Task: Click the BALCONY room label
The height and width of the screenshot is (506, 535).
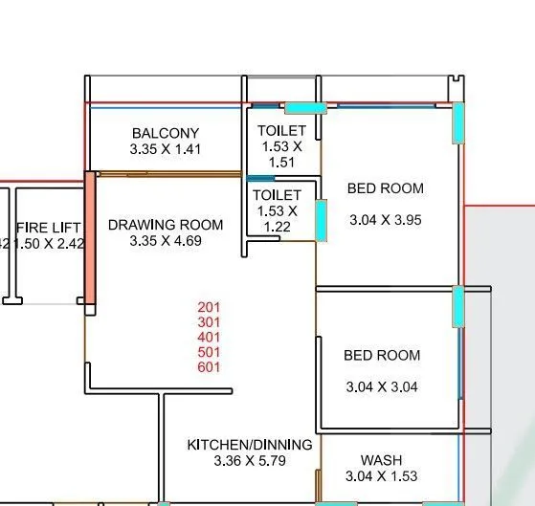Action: [x=166, y=133]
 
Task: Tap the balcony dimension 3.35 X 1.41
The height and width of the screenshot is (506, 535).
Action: [x=166, y=149]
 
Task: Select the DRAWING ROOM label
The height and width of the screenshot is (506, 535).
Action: [x=166, y=225]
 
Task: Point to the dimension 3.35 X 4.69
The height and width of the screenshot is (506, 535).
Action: [x=166, y=241]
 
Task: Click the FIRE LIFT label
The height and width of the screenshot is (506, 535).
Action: [x=49, y=228]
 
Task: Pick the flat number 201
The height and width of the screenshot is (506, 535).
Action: [x=209, y=307]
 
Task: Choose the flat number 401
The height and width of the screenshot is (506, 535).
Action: [x=209, y=337]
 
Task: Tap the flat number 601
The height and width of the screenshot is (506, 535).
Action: [x=209, y=366]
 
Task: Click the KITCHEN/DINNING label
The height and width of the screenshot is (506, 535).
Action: [x=249, y=445]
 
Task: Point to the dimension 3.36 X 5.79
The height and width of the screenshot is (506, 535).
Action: [x=249, y=461]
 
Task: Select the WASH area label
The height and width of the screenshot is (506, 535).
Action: [x=381, y=460]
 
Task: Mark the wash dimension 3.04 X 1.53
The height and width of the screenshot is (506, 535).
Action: [x=382, y=476]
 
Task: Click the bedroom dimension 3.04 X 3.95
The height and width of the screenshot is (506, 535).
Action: [x=385, y=220]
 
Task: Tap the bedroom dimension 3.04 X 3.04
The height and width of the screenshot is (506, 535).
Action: [x=382, y=387]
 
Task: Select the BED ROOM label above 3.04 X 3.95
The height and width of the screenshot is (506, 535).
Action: [x=385, y=188]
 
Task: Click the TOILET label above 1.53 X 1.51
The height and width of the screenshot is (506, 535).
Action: [x=281, y=130]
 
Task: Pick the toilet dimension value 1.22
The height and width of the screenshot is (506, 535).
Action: [x=277, y=227]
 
